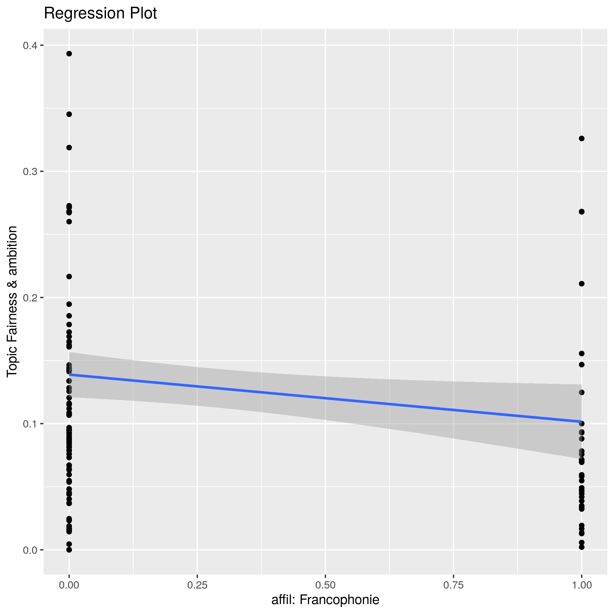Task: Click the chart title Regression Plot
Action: click(100, 14)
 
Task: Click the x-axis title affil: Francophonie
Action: click(325, 599)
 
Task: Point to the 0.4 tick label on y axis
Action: click(30, 45)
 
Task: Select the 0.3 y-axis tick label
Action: click(30, 172)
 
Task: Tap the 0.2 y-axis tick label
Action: click(30, 297)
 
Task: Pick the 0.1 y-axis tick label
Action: click(30, 424)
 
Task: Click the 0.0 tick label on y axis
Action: click(30, 550)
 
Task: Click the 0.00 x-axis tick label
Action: click(69, 585)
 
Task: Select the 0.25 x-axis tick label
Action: click(197, 585)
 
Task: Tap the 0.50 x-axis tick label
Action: click(325, 585)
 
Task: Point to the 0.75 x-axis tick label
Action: click(453, 585)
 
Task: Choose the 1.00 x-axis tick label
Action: click(582, 585)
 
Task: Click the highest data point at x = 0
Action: click(69, 54)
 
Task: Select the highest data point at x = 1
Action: click(582, 139)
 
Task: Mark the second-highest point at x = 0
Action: click(69, 114)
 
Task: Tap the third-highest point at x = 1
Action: click(582, 284)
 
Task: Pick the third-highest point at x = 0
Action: click(69, 148)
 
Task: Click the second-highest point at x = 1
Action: click(582, 212)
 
